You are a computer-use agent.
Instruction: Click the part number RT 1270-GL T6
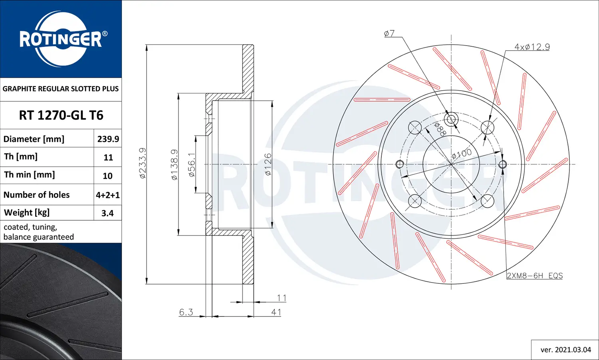tap(61, 115)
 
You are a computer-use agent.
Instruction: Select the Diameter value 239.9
tap(108, 139)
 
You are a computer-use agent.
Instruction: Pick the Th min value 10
tap(107, 176)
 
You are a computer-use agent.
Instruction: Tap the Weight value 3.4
tap(107, 213)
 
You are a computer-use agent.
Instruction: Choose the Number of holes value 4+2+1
tap(107, 195)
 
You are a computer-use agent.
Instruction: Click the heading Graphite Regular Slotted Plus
tap(61, 89)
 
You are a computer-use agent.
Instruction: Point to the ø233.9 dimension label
tap(143, 163)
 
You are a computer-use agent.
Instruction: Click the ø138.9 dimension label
tap(175, 164)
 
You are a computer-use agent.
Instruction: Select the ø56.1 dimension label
tap(192, 164)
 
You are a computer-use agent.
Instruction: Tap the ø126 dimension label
tap(268, 164)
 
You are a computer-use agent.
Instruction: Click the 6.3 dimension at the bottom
tap(186, 312)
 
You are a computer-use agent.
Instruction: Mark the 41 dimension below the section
tap(276, 312)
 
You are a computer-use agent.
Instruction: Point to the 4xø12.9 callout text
tap(532, 47)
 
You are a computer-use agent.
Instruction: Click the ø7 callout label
tap(389, 34)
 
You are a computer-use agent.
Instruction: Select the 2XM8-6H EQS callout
tap(535, 276)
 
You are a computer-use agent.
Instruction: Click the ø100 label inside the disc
tap(462, 153)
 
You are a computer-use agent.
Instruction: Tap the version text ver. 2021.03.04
tap(565, 350)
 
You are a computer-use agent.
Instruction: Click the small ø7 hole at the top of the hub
tap(452, 119)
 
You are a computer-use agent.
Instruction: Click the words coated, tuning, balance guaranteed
tap(39, 232)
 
